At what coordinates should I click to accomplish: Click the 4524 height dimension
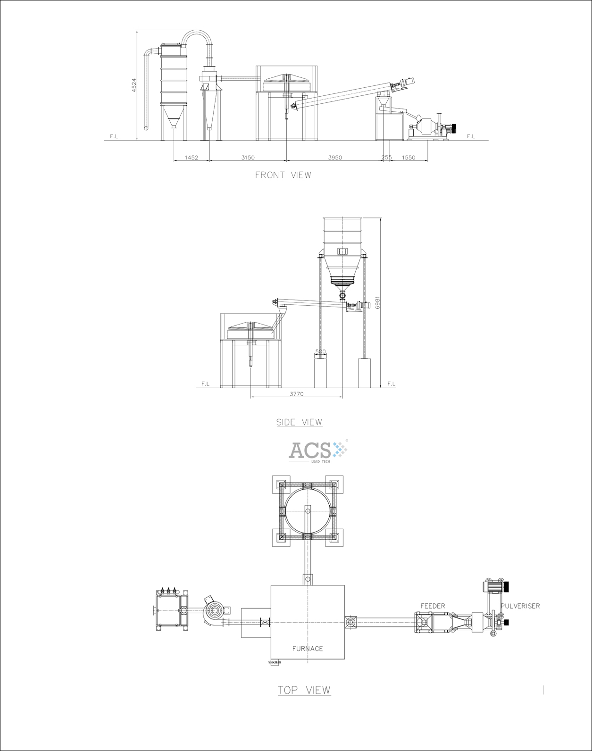133,85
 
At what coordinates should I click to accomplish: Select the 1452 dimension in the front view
192,158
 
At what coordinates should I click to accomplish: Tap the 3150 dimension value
248,158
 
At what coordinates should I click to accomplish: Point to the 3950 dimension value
335,158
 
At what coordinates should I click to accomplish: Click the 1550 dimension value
409,158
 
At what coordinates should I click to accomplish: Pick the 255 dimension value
386,158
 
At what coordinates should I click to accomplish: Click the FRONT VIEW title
283,175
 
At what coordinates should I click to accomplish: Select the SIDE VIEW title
299,422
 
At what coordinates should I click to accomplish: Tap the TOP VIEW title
304,690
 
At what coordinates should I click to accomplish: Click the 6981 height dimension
377,302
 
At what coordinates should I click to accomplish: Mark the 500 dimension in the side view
321,352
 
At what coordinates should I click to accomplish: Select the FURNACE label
308,649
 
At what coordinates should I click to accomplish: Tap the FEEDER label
433,606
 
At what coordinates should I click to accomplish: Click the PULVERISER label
520,606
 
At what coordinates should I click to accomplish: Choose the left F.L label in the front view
114,136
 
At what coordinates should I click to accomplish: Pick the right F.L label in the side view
391,384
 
